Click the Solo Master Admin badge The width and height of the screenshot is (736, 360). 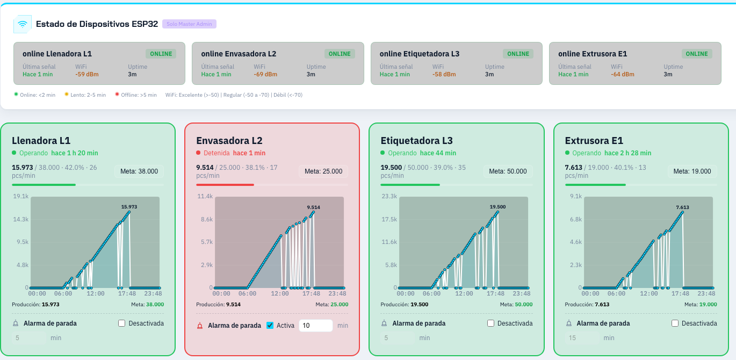pos(189,24)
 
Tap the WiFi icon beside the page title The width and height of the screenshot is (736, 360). pos(23,24)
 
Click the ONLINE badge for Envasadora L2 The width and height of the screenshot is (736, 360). pos(340,54)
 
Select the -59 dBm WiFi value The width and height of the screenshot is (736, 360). pos(86,74)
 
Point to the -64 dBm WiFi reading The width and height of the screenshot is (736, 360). pos(622,74)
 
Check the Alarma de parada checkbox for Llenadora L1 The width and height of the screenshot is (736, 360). pos(121,323)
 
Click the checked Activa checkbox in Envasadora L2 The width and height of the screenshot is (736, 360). pos(270,326)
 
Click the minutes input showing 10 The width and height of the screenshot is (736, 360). pos(315,326)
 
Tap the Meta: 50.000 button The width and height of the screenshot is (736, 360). pos(508,171)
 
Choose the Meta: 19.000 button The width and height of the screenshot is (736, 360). pos(692,171)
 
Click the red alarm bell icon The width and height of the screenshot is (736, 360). pos(200,326)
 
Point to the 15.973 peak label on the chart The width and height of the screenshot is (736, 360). pos(129,207)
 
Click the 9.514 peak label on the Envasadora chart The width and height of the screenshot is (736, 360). pos(313,207)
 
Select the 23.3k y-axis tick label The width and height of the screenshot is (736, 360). pos(389,196)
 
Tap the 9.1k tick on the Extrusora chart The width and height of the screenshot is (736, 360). pos(576,196)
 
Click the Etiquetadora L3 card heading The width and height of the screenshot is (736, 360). pos(417,141)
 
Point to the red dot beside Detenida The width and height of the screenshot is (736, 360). pos(198,153)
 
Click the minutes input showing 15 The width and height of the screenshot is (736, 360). pos(582,338)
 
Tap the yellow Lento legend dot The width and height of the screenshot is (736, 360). pos(67,95)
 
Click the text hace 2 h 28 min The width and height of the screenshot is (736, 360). pos(627,153)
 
